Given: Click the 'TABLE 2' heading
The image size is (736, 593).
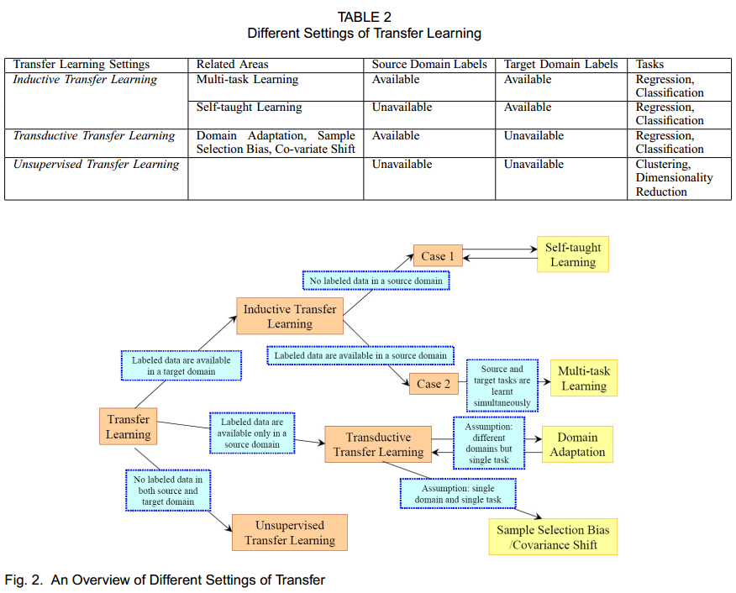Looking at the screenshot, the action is click(x=364, y=17).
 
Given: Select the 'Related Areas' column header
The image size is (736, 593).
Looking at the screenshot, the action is click(x=233, y=64).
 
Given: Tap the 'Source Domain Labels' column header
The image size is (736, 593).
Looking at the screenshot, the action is click(x=429, y=64).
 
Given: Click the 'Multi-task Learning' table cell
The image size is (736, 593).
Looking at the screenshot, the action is click(x=247, y=80).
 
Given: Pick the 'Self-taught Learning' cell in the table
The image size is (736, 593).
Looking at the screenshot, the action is click(x=249, y=108).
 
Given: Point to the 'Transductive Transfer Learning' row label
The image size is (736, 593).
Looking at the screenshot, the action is click(x=94, y=136).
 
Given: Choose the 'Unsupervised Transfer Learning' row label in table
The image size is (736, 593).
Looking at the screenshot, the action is click(x=96, y=165).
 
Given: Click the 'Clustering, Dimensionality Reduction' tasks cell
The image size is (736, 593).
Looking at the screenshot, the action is click(x=674, y=178).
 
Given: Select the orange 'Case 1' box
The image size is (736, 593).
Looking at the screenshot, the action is click(x=437, y=256).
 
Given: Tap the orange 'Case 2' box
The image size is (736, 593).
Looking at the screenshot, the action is click(x=434, y=384).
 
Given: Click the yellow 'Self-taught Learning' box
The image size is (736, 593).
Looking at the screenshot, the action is click(x=572, y=255).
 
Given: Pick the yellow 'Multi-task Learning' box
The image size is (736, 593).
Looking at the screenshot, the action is click(x=584, y=379).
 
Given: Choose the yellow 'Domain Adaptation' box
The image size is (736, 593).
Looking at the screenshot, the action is click(x=577, y=444).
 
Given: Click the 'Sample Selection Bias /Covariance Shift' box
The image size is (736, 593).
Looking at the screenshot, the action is click(x=553, y=538).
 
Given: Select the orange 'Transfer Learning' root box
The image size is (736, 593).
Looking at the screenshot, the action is click(x=128, y=427).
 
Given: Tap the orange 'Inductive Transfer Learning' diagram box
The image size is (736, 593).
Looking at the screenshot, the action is click(x=289, y=317).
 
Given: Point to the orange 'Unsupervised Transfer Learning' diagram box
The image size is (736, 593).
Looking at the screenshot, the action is click(x=289, y=533).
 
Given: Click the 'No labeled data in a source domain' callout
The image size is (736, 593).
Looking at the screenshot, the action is click(x=375, y=281).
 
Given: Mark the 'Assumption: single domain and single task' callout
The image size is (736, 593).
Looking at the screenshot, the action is click(x=457, y=494).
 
